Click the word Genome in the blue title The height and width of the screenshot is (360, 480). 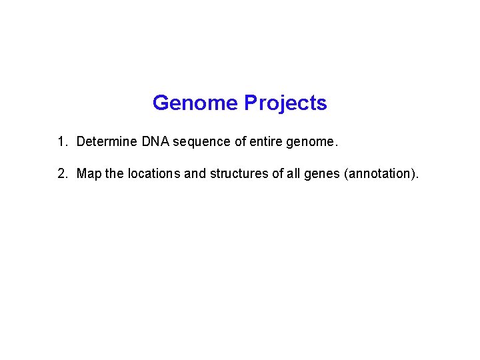point(195,103)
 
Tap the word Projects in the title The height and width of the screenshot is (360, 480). point(285,103)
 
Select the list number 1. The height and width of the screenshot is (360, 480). point(61,141)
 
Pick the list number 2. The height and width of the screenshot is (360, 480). point(61,174)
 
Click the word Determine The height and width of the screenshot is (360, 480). point(107,141)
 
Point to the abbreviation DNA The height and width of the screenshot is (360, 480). point(155,141)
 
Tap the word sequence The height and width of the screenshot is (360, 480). point(199,142)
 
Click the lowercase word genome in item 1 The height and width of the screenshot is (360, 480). point(309,142)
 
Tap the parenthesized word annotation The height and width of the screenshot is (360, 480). point(379,174)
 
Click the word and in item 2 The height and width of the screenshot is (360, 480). point(195,174)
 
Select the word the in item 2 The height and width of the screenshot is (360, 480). point(115,174)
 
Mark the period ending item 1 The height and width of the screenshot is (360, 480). point(337,145)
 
